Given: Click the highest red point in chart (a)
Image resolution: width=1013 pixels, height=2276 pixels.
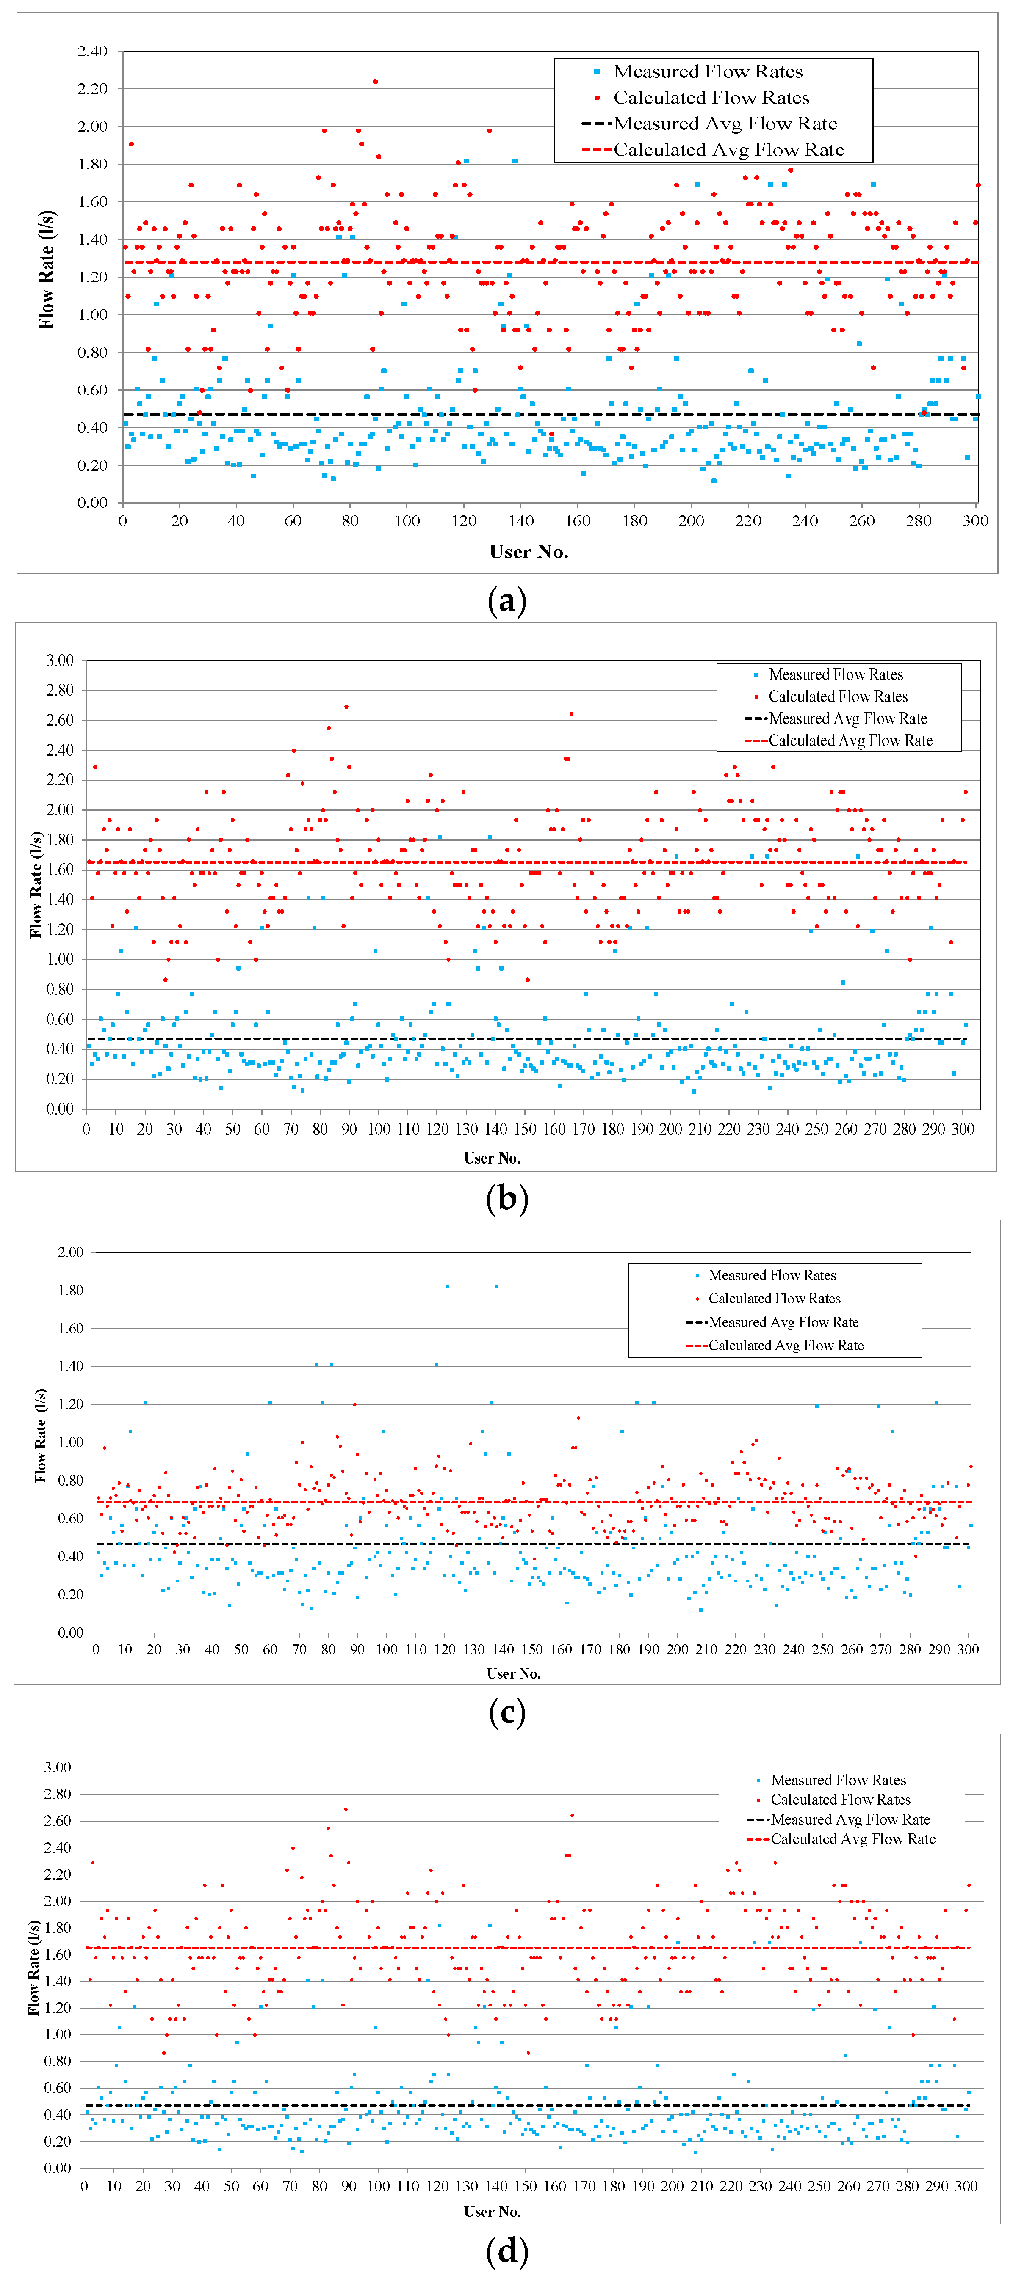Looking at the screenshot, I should [375, 81].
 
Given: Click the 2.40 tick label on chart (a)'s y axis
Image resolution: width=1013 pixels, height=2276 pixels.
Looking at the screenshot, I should [92, 51].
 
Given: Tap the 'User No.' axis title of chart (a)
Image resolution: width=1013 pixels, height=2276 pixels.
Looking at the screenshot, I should [529, 552].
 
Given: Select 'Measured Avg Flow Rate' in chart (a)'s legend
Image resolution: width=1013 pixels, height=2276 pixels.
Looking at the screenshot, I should [725, 124].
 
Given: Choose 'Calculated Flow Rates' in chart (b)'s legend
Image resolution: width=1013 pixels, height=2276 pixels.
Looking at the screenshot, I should [837, 696].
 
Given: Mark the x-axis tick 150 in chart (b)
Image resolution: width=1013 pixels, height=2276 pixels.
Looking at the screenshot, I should [525, 1129].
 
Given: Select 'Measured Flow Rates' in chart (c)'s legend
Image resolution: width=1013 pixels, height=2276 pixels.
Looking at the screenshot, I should [772, 1275].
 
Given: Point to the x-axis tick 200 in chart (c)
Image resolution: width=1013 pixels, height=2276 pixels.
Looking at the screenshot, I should [677, 1650].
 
